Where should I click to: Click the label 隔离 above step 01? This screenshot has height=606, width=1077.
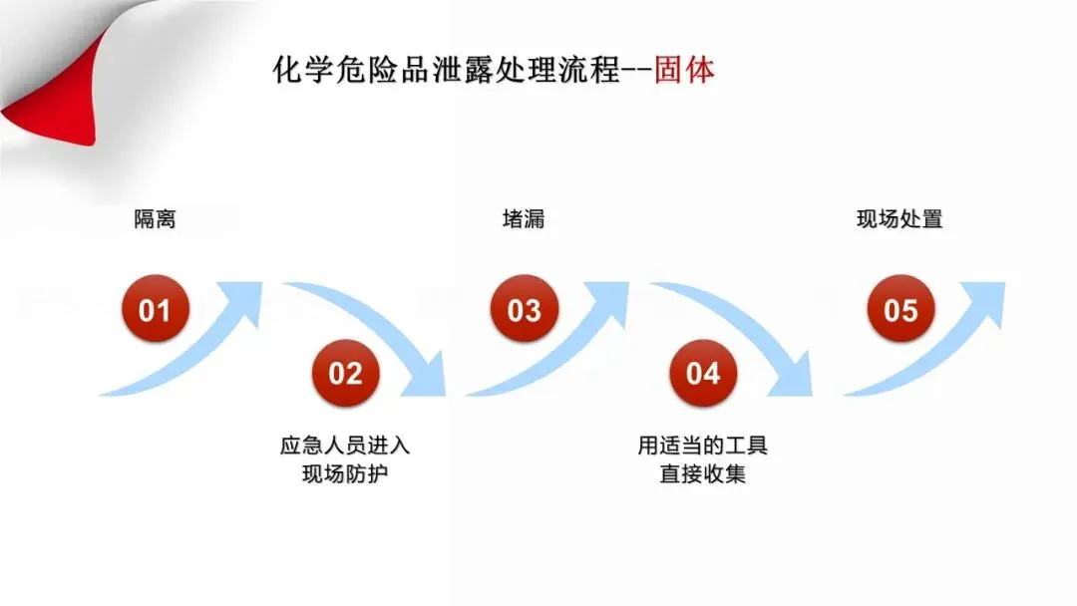(x=155, y=219)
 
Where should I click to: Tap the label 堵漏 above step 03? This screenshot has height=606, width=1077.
(x=524, y=219)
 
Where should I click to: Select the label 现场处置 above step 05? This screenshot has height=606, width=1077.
(x=899, y=219)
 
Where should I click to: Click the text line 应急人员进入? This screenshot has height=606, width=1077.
(x=345, y=446)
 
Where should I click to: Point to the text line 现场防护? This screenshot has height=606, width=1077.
(x=345, y=474)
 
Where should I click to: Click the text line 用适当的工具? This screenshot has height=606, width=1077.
(x=702, y=446)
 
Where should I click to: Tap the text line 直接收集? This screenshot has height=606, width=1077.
(x=702, y=474)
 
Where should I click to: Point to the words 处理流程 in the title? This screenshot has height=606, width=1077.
(x=552, y=71)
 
